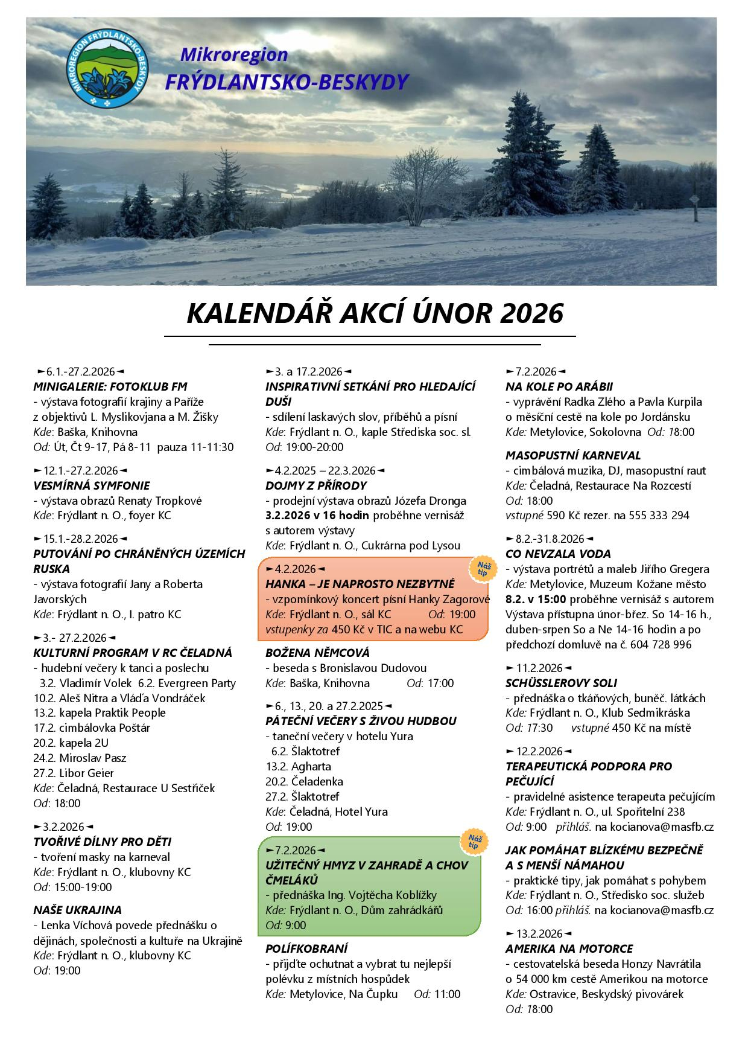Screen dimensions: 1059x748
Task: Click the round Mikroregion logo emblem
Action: pyautogui.click(x=107, y=71)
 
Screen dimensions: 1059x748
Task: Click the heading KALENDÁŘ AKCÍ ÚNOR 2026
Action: pyautogui.click(x=374, y=314)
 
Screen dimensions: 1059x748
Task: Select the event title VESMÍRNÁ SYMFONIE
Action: pyautogui.click(x=91, y=485)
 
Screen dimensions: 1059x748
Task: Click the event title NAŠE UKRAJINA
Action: pyautogui.click(x=77, y=910)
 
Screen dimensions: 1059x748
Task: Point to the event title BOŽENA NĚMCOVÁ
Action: pyautogui.click(x=317, y=653)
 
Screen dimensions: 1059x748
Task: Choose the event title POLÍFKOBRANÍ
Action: pyautogui.click(x=306, y=949)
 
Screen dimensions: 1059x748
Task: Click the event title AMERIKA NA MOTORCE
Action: pyautogui.click(x=569, y=949)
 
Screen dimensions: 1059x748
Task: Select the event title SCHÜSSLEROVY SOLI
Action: pyautogui.click(x=561, y=683)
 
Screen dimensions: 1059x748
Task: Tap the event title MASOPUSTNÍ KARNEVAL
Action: pyautogui.click(x=572, y=455)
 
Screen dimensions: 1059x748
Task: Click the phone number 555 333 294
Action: pyautogui.click(x=659, y=516)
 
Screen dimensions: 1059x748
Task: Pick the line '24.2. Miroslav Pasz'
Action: pyautogui.click(x=80, y=758)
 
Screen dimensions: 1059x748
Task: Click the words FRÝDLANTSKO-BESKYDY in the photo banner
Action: pyautogui.click(x=287, y=82)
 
